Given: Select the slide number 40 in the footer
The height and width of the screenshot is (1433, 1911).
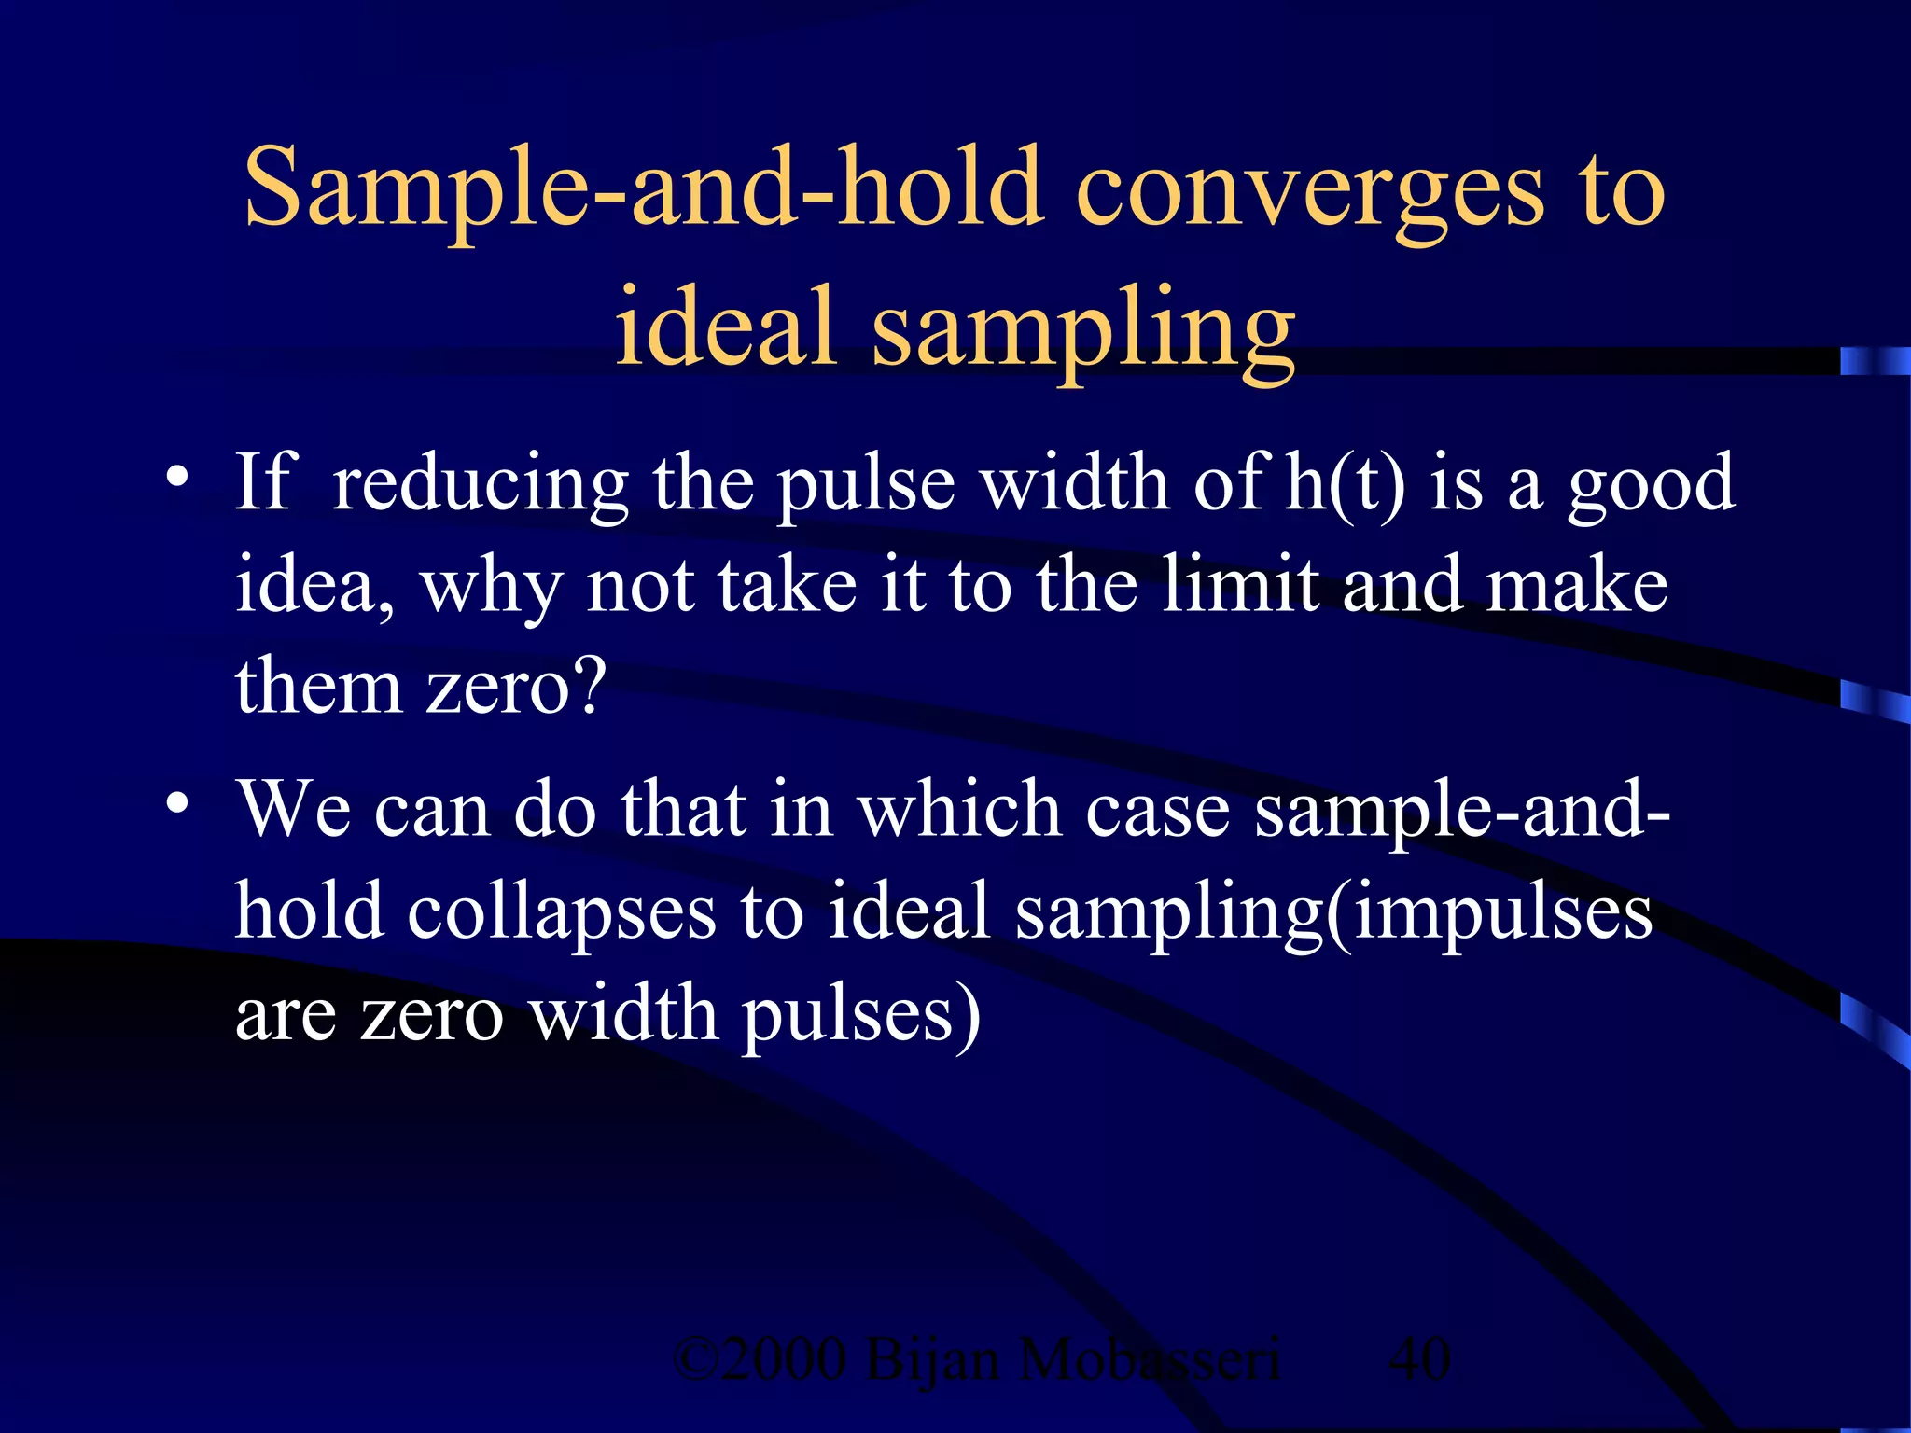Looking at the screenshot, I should (x=1419, y=1359).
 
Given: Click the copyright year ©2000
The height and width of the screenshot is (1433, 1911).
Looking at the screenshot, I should (x=760, y=1359).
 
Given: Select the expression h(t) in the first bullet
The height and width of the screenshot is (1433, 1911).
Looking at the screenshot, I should (x=1344, y=483).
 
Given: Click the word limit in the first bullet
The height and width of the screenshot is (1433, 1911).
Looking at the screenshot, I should (x=1240, y=585).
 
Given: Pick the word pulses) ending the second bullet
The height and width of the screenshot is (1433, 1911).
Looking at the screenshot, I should (x=860, y=1015).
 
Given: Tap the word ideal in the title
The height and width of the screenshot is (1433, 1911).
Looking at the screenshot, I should (x=725, y=327).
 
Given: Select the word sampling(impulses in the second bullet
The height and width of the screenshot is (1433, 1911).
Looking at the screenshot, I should (x=1333, y=912).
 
